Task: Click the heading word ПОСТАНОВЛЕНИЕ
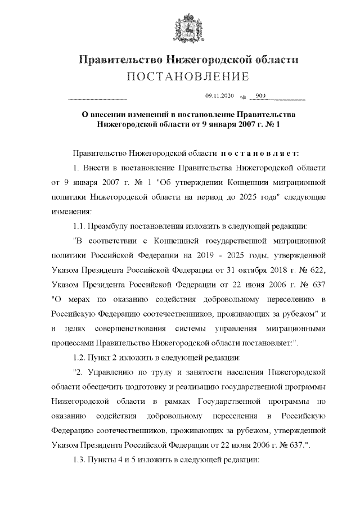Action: [x=179, y=76]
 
